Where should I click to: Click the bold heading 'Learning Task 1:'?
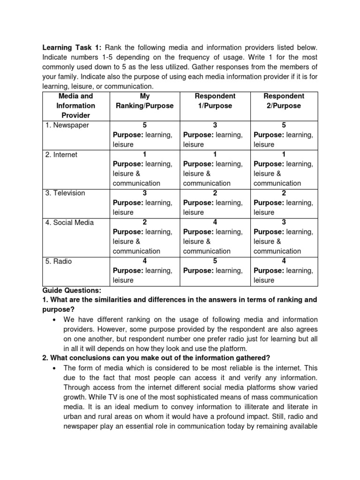click(x=72, y=48)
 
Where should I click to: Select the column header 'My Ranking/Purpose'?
click(x=144, y=101)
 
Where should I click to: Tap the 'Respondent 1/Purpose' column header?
click(x=215, y=101)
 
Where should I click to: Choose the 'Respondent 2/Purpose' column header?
click(x=284, y=101)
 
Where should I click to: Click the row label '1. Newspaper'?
click(x=67, y=125)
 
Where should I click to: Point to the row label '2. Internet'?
click(x=61, y=154)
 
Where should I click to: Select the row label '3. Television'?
click(x=65, y=193)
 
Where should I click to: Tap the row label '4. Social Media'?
click(x=69, y=222)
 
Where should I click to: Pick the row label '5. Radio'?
click(x=59, y=261)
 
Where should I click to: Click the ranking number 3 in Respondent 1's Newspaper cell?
click(x=215, y=125)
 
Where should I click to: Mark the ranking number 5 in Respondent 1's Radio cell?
click(x=215, y=261)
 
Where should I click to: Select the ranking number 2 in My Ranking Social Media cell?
click(x=144, y=222)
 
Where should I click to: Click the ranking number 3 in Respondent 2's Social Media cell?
click(x=284, y=222)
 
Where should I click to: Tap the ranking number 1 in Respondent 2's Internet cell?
click(x=284, y=154)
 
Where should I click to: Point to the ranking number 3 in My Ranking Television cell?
click(x=144, y=193)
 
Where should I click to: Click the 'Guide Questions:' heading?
click(x=72, y=290)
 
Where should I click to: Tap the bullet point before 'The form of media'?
click(x=55, y=368)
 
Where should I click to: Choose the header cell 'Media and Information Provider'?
click(x=75, y=105)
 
